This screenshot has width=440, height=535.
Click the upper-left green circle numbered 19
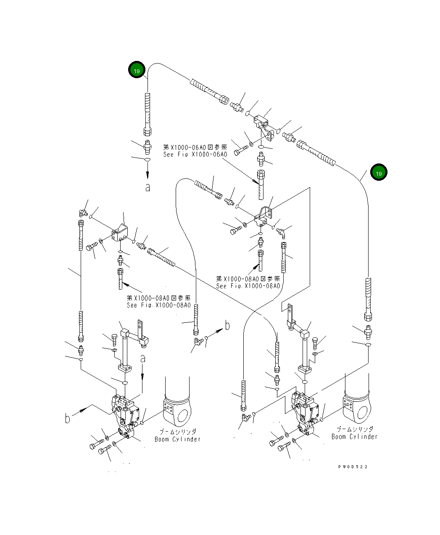click(137, 71)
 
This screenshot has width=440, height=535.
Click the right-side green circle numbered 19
click(378, 173)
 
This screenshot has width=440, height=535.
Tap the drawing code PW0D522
click(353, 467)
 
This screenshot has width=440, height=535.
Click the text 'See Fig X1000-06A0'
click(195, 155)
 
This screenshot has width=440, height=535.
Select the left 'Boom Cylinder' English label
click(177, 439)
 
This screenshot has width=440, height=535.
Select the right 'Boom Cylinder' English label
click(354, 437)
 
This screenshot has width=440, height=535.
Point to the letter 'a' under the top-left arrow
click(148, 188)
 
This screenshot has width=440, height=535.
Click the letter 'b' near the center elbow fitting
click(227, 325)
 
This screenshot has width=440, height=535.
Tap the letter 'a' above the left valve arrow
click(143, 358)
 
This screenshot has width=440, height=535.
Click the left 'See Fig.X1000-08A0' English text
click(159, 305)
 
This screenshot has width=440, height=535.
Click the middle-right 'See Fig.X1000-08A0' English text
click(248, 286)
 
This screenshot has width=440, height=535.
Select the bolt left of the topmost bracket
click(240, 150)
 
